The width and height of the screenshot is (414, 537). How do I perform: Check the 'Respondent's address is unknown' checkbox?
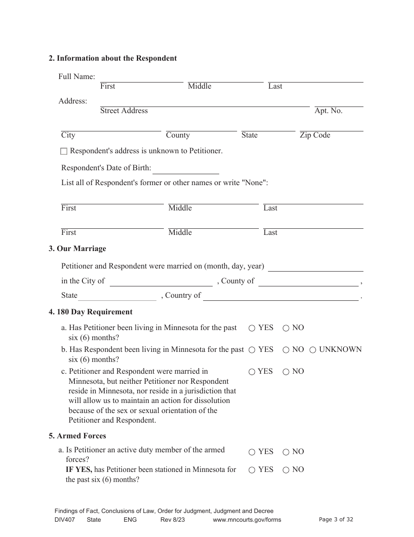click(x=64, y=151)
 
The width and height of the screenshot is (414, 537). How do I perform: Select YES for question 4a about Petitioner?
click(x=252, y=328)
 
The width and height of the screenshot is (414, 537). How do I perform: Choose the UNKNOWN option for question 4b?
click(x=313, y=350)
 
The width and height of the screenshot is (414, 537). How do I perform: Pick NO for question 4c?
click(x=286, y=372)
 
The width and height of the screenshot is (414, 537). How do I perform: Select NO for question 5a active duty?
click(x=286, y=452)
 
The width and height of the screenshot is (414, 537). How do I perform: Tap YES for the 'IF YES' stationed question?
click(x=252, y=470)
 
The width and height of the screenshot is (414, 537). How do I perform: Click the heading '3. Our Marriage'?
click(x=77, y=249)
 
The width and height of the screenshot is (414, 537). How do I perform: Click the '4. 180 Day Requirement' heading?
click(x=90, y=312)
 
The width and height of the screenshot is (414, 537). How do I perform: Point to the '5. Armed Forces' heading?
click(x=77, y=436)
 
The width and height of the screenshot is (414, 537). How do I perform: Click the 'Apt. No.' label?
click(x=328, y=111)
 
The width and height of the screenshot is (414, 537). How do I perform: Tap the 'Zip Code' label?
click(x=315, y=135)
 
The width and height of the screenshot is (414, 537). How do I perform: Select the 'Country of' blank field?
click(x=281, y=296)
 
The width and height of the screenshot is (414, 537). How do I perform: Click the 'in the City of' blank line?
click(x=161, y=282)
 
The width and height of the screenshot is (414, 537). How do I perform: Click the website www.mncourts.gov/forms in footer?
click(x=247, y=520)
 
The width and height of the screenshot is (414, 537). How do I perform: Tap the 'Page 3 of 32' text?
click(x=336, y=519)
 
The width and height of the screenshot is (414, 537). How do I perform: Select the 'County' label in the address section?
click(x=178, y=135)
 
